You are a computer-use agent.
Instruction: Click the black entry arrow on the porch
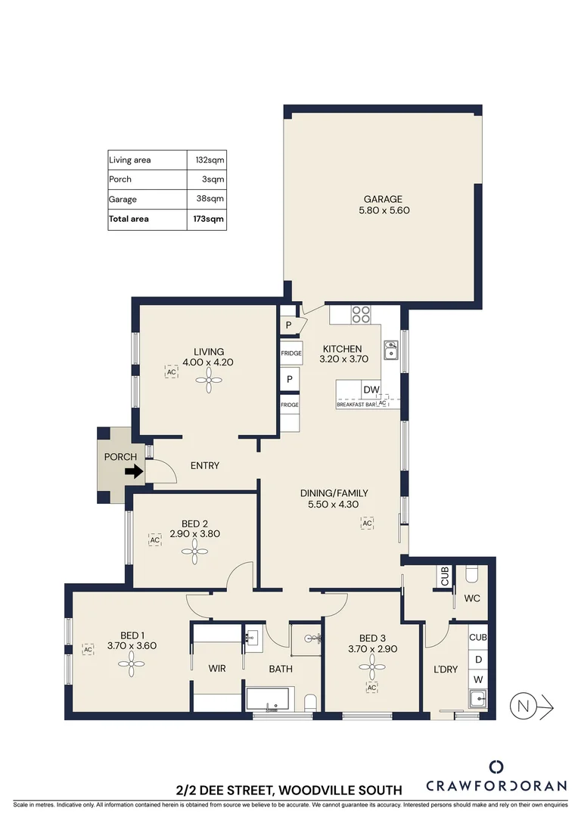pos(133,472)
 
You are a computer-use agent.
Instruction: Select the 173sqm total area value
pos(210,219)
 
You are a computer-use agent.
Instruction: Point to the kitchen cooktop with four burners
pos(361,314)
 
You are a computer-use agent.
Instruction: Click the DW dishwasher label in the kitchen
pos(371,390)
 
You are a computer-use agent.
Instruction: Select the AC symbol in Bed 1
pos(88,649)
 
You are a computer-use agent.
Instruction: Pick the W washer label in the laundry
pos(477,679)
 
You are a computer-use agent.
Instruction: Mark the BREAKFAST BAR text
pos(356,405)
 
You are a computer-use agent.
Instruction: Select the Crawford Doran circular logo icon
pos(496,766)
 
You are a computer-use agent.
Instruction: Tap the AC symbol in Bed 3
pos(371,687)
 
